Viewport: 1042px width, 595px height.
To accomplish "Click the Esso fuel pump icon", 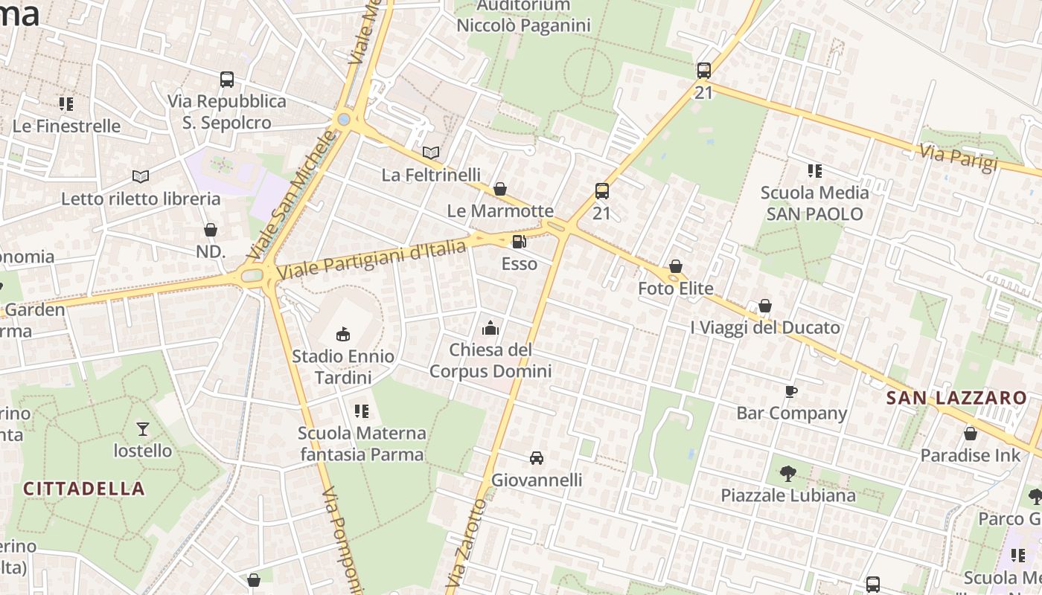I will coord(520,241).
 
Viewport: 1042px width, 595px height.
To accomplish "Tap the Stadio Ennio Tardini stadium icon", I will coord(343,334).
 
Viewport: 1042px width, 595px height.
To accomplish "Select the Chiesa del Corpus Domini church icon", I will coord(490,327).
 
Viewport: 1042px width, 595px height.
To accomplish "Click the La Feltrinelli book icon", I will coord(431,152).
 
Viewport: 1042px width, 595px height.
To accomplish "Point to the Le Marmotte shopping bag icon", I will coord(500,189).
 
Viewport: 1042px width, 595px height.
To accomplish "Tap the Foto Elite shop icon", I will coord(676,266).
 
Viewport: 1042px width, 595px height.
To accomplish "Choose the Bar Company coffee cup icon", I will coord(791,391).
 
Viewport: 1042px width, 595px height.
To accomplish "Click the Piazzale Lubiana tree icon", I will coord(787,473).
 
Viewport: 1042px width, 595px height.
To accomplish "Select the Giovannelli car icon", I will coord(537,457).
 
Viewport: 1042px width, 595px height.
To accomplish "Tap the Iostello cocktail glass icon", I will coord(142,428).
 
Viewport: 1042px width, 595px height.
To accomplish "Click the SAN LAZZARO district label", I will coord(956,398).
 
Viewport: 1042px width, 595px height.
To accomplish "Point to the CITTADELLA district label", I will coord(84,489).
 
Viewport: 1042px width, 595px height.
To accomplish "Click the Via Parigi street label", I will coord(958,158).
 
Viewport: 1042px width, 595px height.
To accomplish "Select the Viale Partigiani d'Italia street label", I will coord(372,260).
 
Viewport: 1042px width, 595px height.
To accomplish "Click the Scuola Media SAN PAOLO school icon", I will coord(815,171).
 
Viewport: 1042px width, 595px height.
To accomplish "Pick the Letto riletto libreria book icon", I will coord(141,176).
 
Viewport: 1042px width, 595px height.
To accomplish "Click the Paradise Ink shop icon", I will coord(971,434).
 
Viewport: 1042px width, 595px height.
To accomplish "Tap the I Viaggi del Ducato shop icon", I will coord(765,306).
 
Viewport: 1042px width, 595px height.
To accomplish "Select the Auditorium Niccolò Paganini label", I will coord(523,16).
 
